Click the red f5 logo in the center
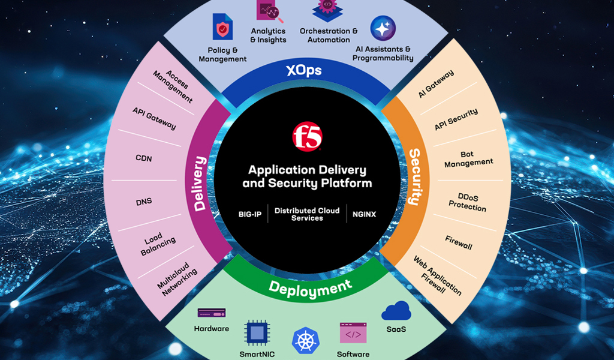click(x=307, y=136)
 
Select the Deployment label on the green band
click(x=310, y=288)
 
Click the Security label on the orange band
click(x=414, y=176)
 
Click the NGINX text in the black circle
click(x=364, y=214)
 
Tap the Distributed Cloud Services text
click(x=307, y=214)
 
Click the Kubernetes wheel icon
click(x=305, y=340)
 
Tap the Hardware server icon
click(x=211, y=314)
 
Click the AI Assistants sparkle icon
click(x=383, y=28)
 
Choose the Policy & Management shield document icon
click(x=222, y=27)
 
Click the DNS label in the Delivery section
click(x=144, y=202)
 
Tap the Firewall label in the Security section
click(x=459, y=242)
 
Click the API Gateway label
click(x=155, y=118)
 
